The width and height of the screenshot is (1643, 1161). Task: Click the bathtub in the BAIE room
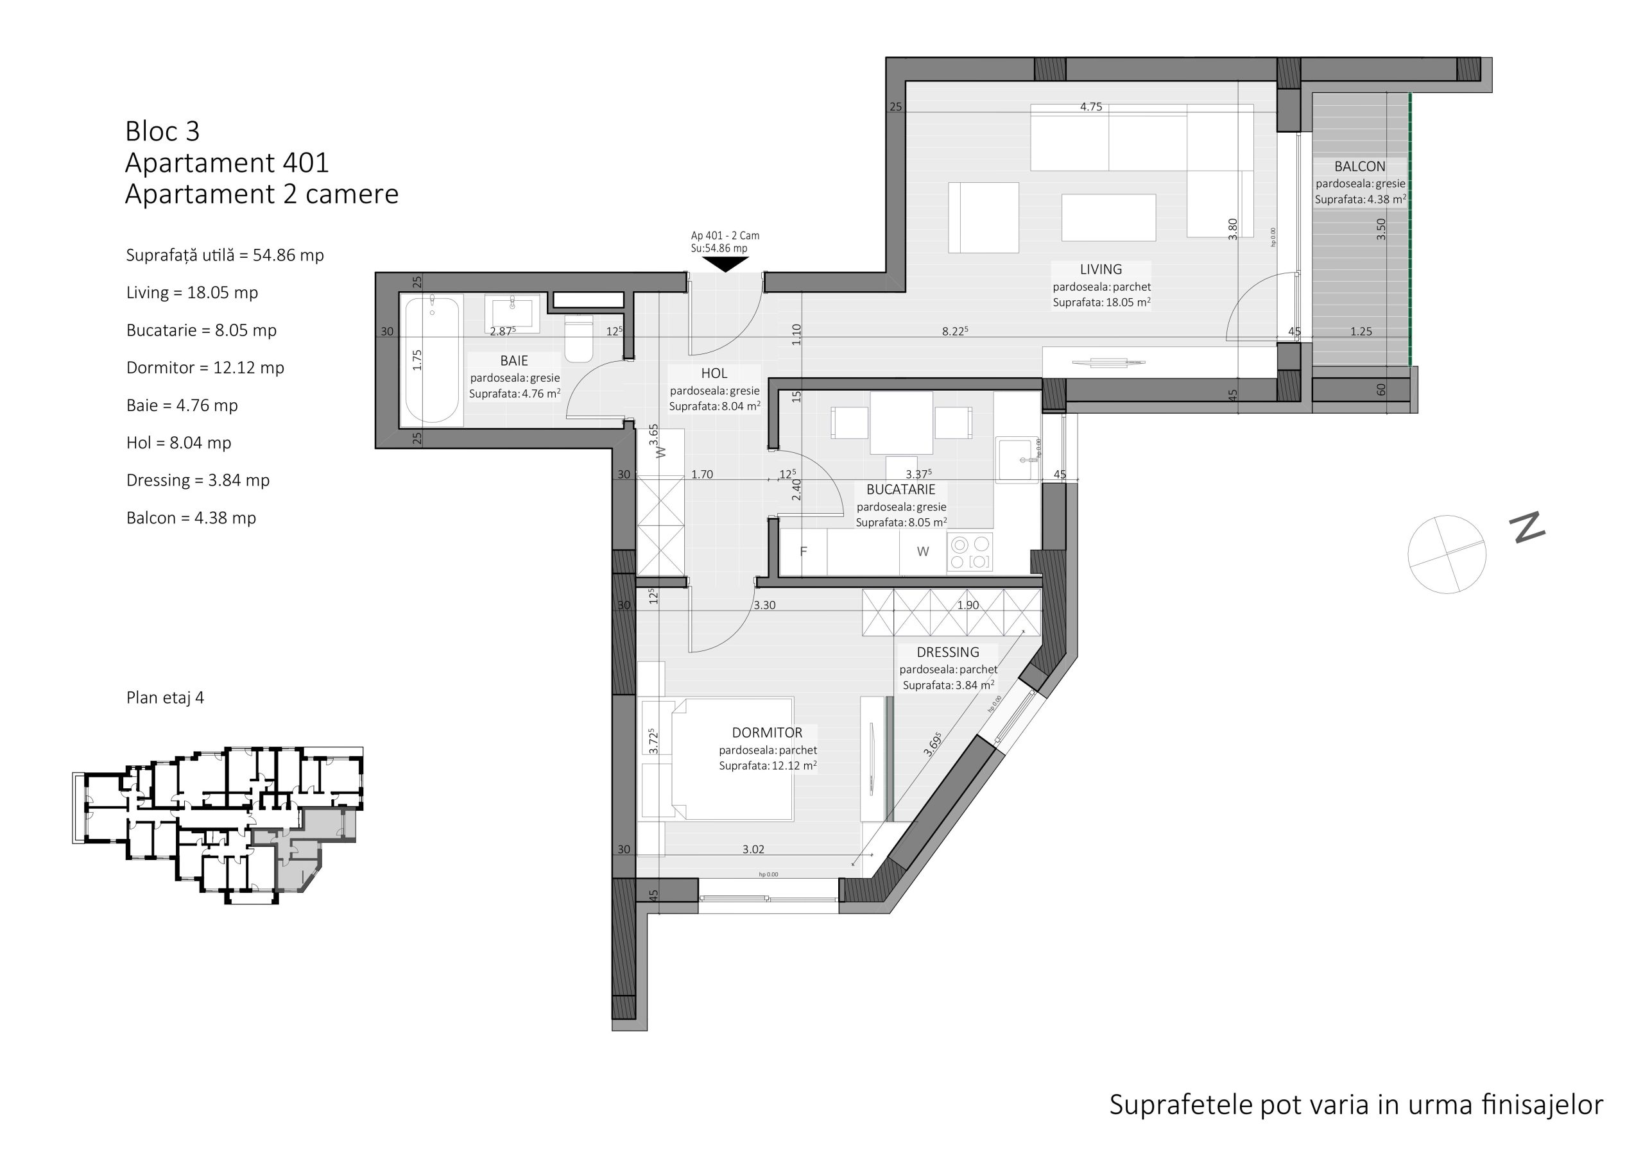pyautogui.click(x=432, y=360)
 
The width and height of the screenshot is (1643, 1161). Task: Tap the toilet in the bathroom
pyautogui.click(x=579, y=339)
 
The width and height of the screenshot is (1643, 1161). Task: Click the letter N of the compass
pyautogui.click(x=1527, y=527)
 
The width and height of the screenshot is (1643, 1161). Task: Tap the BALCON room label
pyautogui.click(x=1359, y=167)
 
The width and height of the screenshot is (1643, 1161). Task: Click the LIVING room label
pyautogui.click(x=1101, y=269)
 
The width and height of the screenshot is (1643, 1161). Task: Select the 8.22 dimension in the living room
pyautogui.click(x=954, y=331)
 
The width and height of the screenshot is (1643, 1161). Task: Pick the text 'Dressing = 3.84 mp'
pyautogui.click(x=198, y=480)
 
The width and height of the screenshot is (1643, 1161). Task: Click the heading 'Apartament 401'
pyautogui.click(x=227, y=163)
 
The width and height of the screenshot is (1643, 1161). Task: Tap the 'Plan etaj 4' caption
pyautogui.click(x=166, y=697)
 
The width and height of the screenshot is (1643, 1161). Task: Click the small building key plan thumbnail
pyautogui.click(x=218, y=826)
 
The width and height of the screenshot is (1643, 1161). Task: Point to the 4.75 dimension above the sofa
pyautogui.click(x=1090, y=107)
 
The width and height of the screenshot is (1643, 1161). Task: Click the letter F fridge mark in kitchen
pyautogui.click(x=804, y=552)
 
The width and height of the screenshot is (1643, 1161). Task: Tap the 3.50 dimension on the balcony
pyautogui.click(x=1381, y=229)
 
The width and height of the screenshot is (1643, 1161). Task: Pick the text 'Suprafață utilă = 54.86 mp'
pyautogui.click(x=225, y=255)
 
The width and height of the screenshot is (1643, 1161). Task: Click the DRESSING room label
pyautogui.click(x=947, y=652)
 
